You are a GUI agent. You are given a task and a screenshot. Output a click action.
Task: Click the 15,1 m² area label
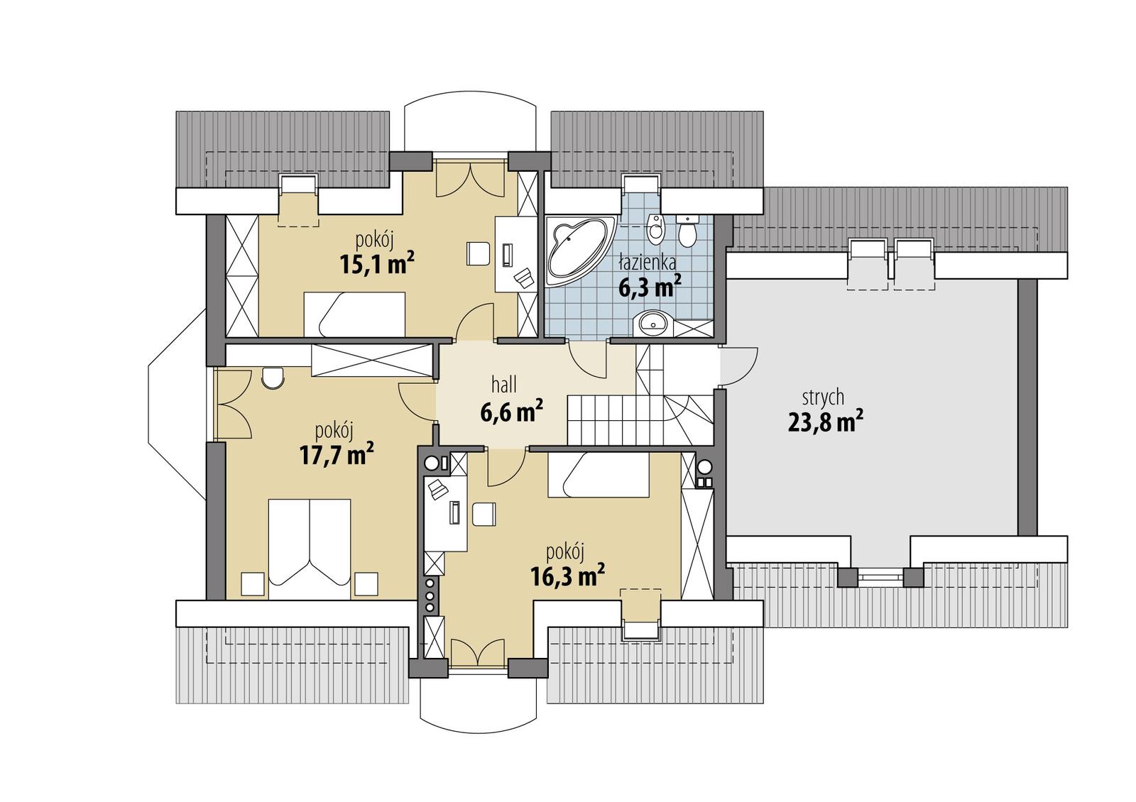376,265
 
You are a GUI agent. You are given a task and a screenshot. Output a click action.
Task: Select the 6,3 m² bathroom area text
650,287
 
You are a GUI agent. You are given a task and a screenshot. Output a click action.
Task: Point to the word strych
823,396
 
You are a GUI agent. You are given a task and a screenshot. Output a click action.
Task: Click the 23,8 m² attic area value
825,423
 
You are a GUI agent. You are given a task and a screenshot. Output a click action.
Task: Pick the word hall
504,385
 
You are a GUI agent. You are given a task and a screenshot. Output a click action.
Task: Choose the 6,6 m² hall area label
512,412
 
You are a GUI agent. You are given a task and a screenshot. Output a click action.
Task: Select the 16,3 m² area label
567,576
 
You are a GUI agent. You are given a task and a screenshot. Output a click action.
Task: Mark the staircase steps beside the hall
603,419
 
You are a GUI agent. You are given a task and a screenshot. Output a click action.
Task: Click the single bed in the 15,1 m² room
354,314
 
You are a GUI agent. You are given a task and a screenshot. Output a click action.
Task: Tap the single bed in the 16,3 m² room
598,476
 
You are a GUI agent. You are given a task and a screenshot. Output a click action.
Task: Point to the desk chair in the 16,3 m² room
484,515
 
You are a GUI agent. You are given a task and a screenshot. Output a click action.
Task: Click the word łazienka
646,263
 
